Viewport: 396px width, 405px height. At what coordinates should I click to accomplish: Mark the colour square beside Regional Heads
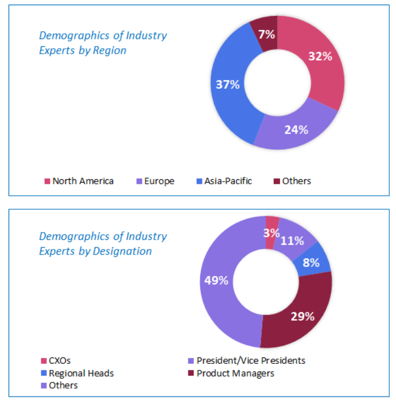tap(44, 373)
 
